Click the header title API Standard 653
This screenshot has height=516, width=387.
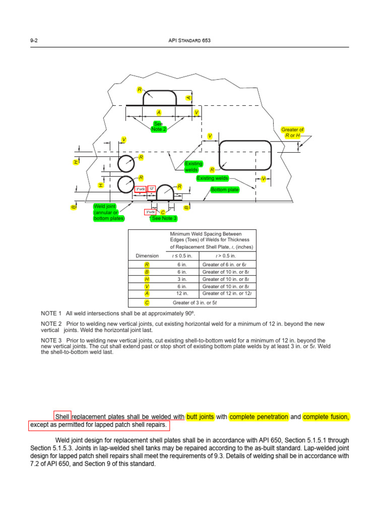coord(193,41)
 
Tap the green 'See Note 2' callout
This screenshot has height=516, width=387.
coord(158,126)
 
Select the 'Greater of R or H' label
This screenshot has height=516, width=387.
coord(292,133)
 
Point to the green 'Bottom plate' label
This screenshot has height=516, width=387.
coord(225,189)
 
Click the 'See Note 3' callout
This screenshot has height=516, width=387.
coord(164,218)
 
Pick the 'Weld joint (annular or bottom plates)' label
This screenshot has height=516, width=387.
coord(109,212)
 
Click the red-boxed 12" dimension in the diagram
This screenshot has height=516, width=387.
coord(151,189)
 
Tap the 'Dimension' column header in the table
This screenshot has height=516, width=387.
coord(147,256)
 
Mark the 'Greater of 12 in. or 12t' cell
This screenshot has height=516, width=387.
coord(227,293)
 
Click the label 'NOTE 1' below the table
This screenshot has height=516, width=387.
coord(51,313)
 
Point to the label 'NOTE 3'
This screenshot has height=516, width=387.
coord(51,340)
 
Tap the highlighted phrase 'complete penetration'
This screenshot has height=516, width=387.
coord(259,417)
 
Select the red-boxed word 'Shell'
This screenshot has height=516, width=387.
coord(62,417)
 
